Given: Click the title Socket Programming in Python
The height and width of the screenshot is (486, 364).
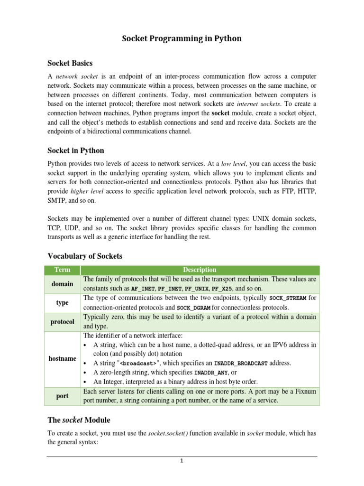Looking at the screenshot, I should (x=182, y=39).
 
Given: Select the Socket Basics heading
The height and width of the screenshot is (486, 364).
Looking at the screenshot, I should (x=70, y=63).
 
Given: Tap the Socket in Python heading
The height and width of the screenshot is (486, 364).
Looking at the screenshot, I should (x=76, y=150).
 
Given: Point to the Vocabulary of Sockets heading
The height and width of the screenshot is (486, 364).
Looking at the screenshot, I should (x=85, y=256).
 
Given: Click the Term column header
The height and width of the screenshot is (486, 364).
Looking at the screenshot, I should (x=62, y=270).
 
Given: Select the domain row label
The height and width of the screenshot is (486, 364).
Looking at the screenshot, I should (x=62, y=284).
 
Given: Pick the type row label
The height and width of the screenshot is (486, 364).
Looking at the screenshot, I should (x=62, y=302).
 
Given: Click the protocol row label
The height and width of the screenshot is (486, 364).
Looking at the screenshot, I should (x=62, y=321).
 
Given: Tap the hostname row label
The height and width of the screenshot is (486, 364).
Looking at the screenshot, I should (x=62, y=358).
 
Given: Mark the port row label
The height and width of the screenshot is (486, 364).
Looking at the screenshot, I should (x=62, y=396).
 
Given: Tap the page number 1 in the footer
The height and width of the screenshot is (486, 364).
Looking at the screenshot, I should (x=181, y=461).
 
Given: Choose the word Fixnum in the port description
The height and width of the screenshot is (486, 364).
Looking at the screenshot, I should (x=305, y=391).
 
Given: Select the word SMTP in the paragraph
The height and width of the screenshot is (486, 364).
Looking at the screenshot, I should (x=57, y=201).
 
